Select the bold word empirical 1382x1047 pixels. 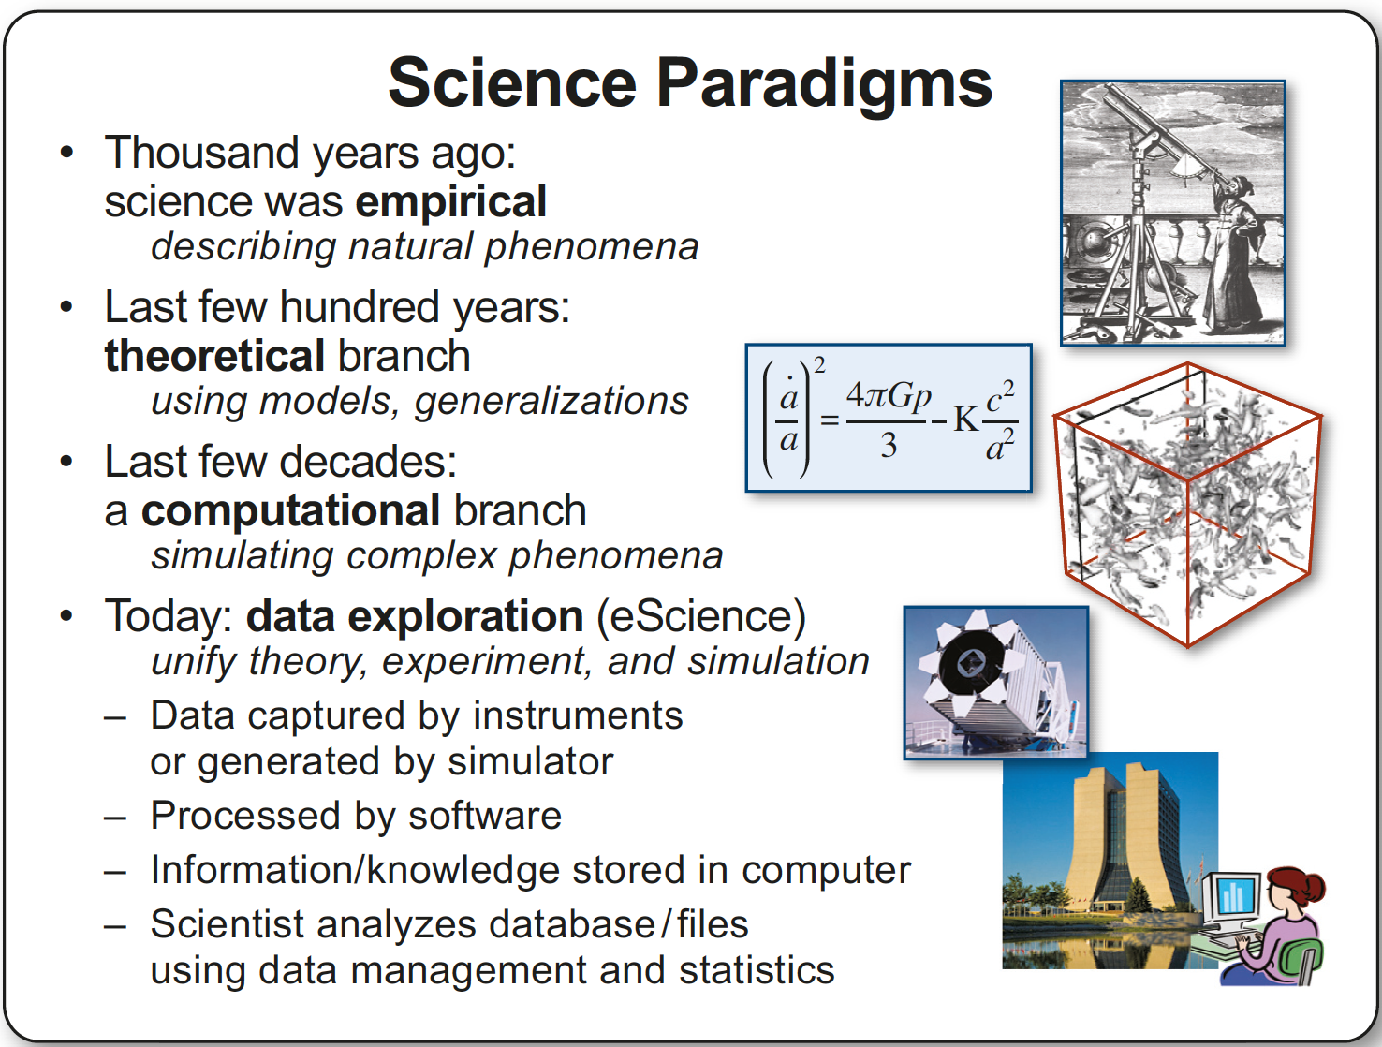450,201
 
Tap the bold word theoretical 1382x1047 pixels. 214,356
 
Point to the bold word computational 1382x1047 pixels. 290,510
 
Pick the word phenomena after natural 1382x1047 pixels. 591,247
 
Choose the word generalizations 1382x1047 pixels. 551,401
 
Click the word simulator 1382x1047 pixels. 530,761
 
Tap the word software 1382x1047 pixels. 485,816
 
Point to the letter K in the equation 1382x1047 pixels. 966,419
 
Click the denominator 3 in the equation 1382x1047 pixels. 889,446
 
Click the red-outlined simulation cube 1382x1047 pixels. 1187,504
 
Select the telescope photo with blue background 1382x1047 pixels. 996,683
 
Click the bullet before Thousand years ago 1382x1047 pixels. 66,153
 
